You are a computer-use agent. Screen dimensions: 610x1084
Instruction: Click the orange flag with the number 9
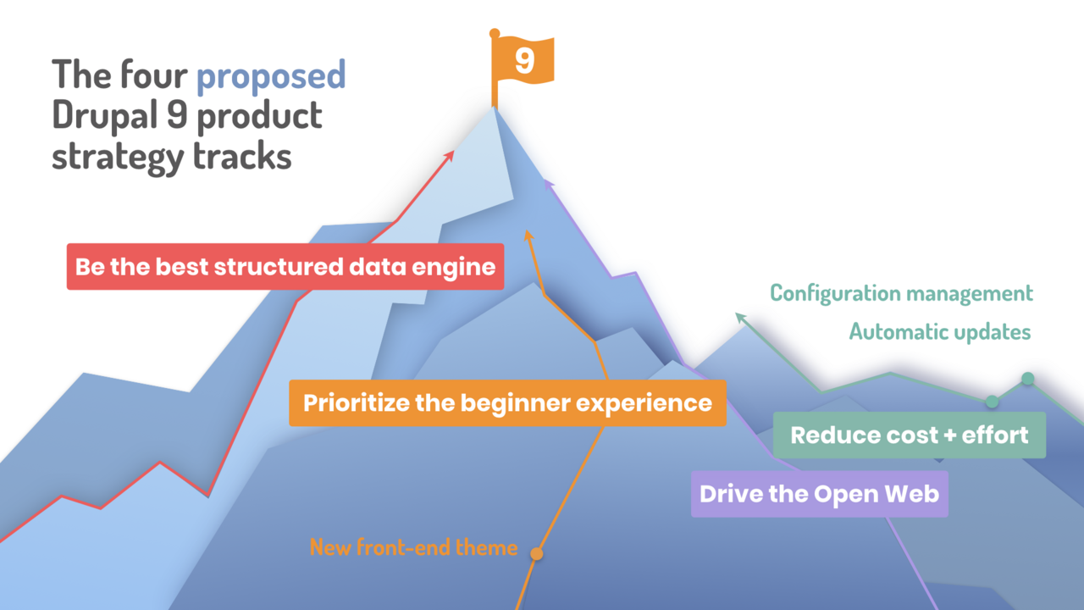(x=524, y=62)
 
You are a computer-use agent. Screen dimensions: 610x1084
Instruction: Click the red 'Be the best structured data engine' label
(x=285, y=267)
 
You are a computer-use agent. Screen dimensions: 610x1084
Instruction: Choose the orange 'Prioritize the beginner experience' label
(x=507, y=402)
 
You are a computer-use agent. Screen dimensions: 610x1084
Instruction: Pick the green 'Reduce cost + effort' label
(x=909, y=435)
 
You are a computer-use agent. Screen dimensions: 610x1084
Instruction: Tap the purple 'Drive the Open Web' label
(x=819, y=494)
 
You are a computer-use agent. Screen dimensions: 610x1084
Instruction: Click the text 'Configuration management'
(x=901, y=293)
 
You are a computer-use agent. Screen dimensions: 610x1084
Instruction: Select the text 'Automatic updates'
(x=940, y=332)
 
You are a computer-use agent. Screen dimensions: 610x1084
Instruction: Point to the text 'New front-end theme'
(x=413, y=547)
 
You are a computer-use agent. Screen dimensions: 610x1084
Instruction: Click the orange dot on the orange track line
(x=536, y=554)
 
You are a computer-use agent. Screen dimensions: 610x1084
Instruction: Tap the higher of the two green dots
(x=1027, y=378)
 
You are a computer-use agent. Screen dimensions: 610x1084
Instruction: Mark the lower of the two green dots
(x=992, y=401)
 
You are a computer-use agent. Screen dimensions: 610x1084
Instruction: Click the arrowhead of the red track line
(x=451, y=155)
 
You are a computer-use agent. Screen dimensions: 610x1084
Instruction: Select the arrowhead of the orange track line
(x=528, y=235)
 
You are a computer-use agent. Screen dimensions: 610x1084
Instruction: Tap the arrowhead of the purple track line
(x=548, y=180)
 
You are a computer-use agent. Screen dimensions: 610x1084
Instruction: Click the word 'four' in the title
(x=158, y=75)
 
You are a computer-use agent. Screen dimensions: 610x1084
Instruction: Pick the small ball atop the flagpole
(x=495, y=33)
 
